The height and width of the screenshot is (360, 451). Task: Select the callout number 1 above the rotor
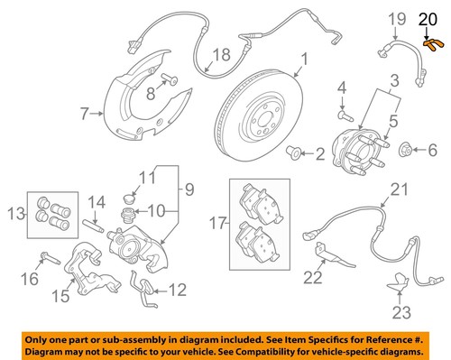(x=304, y=60)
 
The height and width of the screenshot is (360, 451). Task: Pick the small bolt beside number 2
(x=294, y=153)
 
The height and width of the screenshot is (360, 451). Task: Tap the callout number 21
(x=397, y=189)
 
